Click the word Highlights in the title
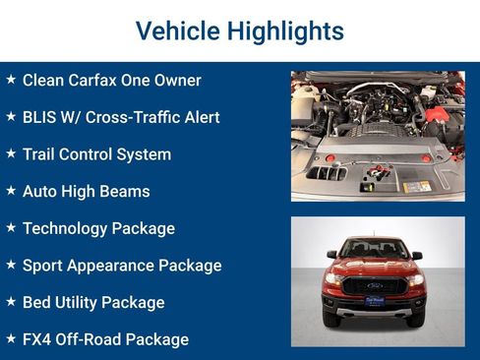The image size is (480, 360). tap(285, 31)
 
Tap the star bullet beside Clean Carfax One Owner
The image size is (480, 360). tap(11, 80)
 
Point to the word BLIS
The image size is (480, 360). tap(39, 117)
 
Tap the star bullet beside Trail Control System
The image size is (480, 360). tap(11, 153)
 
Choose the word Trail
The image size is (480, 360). tap(39, 154)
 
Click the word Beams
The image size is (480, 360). tap(127, 191)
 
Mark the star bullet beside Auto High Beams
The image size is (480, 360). tap(11, 191)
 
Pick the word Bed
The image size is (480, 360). tap(36, 302)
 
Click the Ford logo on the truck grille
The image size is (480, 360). tap(374, 283)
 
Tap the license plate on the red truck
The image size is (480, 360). tap(374, 302)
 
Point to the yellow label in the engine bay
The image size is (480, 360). tap(417, 186)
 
